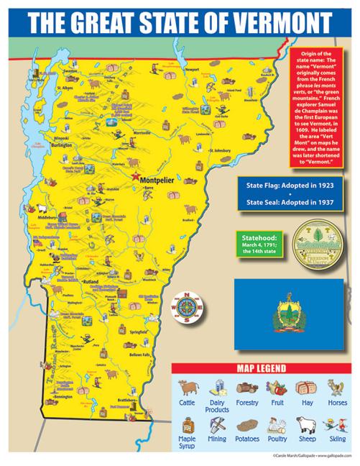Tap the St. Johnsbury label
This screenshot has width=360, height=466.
coord(218,150)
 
